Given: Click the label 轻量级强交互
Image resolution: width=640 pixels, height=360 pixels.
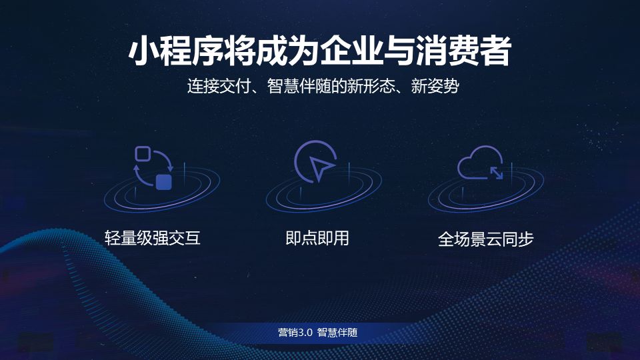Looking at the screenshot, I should point(153,238).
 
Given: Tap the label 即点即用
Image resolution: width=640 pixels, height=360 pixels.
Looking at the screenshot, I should point(317,238).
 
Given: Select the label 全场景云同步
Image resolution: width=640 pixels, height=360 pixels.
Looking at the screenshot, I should point(486,239).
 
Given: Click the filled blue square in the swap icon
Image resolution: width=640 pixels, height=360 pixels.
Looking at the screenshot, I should point(164,181).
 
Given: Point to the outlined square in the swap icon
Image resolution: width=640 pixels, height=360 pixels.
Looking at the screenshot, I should point(142,154).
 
